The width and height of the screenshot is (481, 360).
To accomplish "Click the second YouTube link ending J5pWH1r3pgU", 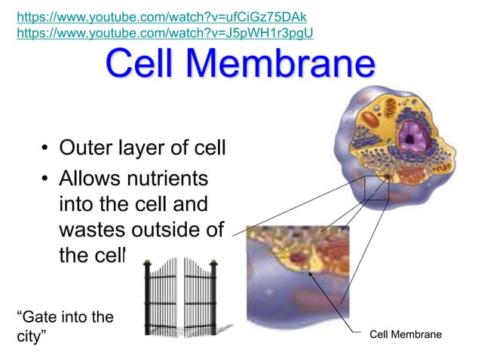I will [164, 32].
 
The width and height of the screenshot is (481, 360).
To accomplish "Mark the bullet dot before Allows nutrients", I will [46, 180].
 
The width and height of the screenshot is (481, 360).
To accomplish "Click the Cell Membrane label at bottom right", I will [406, 334].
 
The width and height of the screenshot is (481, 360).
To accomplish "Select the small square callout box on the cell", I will [376, 188].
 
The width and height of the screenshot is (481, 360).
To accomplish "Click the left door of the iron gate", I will [165, 289].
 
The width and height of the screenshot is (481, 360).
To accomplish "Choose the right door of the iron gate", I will [198, 291].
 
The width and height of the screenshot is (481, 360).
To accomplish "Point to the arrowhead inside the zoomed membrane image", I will [310, 273].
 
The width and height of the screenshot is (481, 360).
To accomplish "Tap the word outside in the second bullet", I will [169, 229].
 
